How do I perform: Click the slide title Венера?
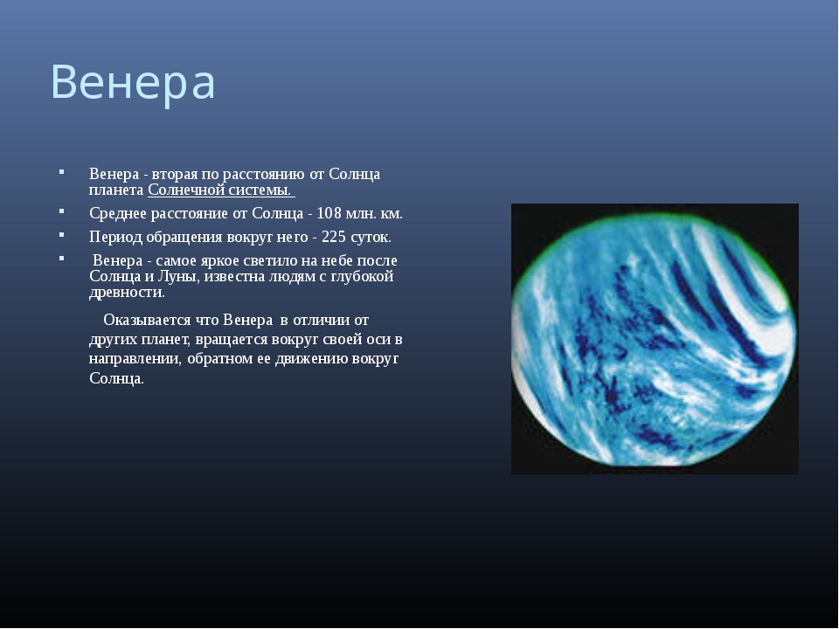133,82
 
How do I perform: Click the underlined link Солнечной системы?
221,190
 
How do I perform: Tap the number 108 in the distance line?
329,213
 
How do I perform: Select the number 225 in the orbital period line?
334,237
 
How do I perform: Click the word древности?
127,293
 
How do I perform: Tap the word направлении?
135,358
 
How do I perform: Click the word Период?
115,237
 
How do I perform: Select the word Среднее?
118,213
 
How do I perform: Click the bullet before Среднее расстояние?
62,211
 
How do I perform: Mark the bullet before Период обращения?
62,234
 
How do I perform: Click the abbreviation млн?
361,214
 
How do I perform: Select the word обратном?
221,358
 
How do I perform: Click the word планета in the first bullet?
116,190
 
